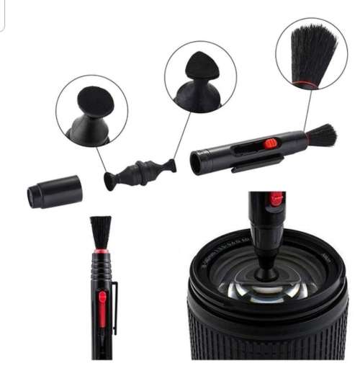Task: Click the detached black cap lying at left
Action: pos(55,192)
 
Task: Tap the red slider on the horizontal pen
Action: pos(271,143)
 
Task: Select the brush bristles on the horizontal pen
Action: pos(322,135)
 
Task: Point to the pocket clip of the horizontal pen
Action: pos(256,165)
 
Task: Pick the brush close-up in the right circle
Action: pos(311,55)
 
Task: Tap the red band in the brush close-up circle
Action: pos(306,84)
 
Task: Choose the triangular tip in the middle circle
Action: pos(198,66)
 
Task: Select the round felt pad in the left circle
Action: pos(94,102)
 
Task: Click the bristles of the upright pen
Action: pos(101,232)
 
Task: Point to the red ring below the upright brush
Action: pos(101,251)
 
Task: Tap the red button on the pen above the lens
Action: pos(276,200)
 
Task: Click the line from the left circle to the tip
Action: pos(102,159)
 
